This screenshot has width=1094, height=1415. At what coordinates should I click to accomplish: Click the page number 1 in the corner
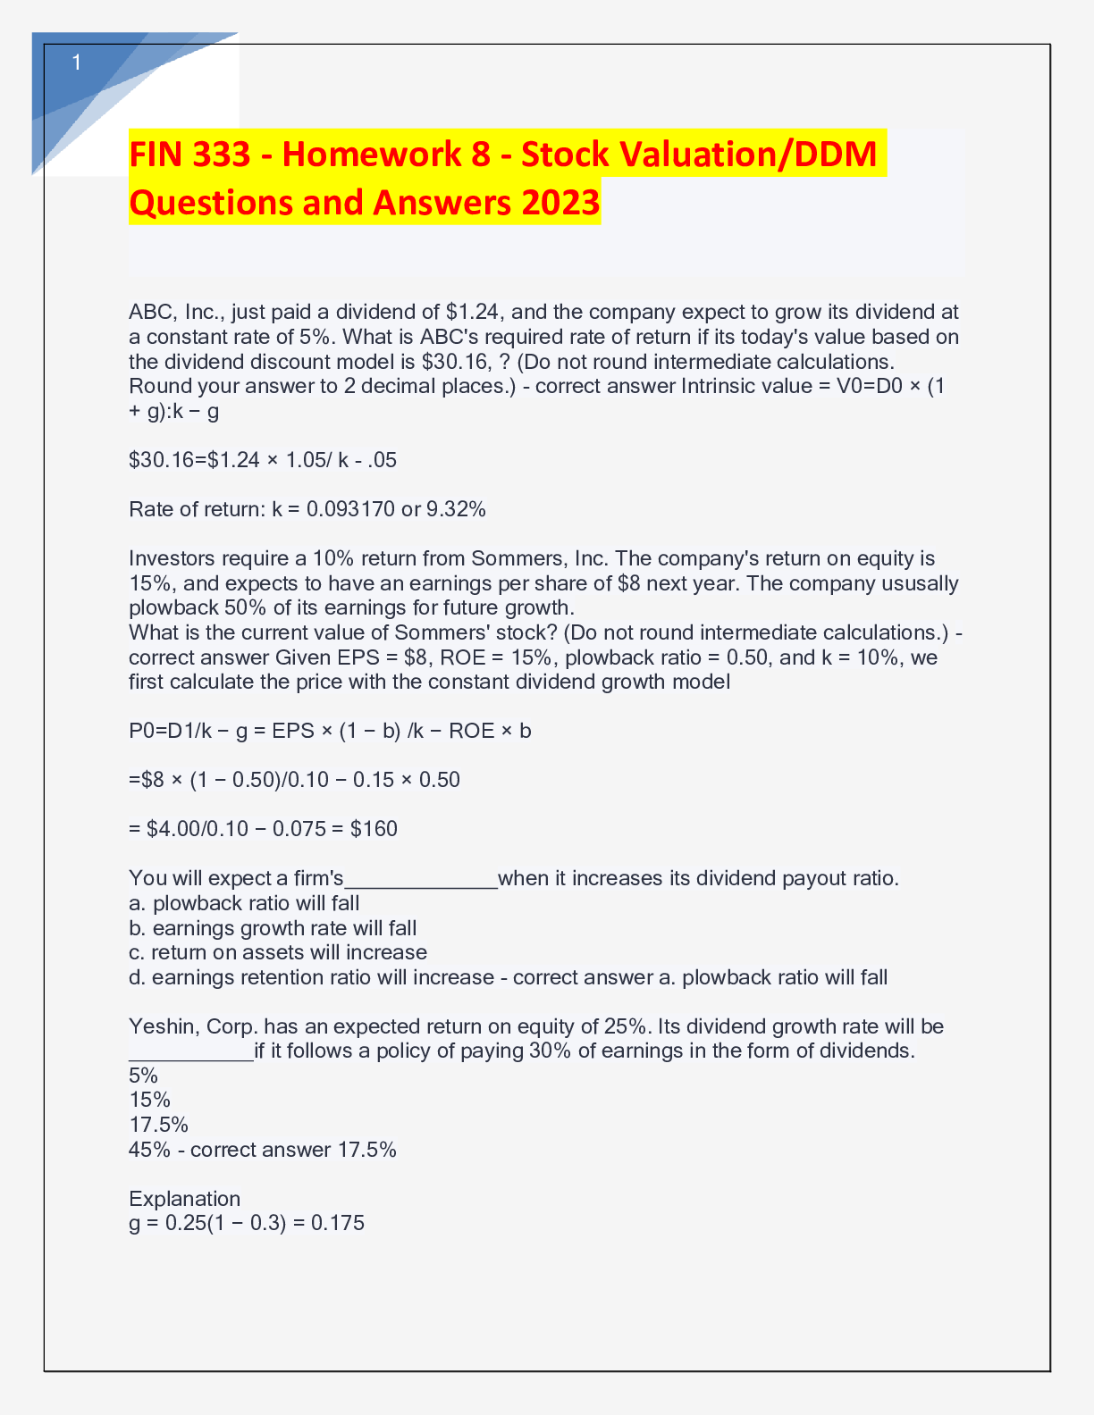pos(77,63)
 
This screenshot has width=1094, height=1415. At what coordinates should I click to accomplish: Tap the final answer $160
pos(374,829)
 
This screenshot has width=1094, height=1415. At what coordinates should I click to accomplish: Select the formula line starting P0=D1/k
pos(330,731)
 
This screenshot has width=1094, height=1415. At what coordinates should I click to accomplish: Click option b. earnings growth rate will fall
pos(273,928)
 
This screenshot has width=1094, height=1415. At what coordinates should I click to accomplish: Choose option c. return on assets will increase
pos(278,952)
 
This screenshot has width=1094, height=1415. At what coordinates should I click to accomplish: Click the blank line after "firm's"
pos(421,880)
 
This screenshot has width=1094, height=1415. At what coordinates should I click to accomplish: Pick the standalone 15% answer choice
pos(149,1100)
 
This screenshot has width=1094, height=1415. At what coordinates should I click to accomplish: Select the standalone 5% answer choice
pos(143,1076)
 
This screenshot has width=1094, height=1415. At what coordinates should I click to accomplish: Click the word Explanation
pos(184,1199)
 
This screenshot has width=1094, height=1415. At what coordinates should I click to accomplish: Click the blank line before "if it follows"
pos(191,1052)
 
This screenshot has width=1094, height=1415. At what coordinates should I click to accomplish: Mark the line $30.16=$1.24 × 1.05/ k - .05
pos(263,460)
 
